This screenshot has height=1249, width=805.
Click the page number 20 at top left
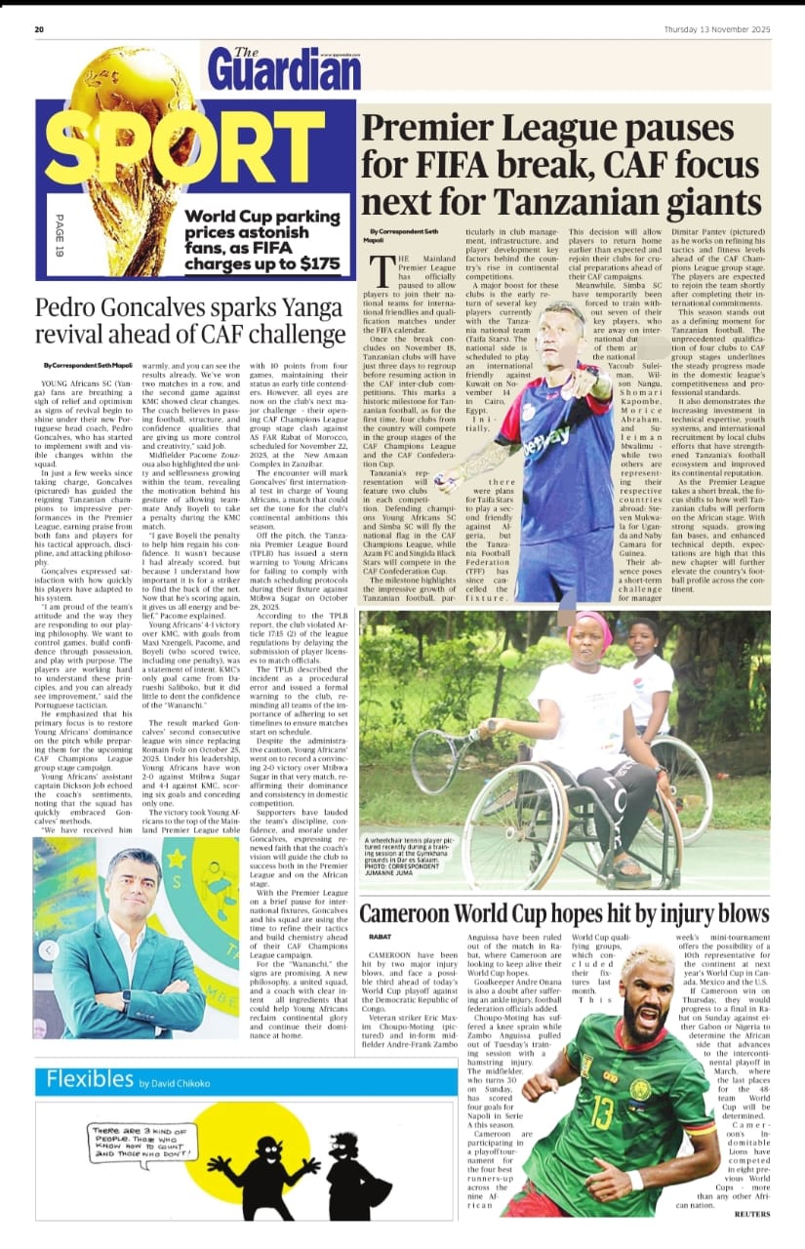39,29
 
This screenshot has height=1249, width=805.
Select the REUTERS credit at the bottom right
752,1214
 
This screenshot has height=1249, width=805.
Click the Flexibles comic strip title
90,1079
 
